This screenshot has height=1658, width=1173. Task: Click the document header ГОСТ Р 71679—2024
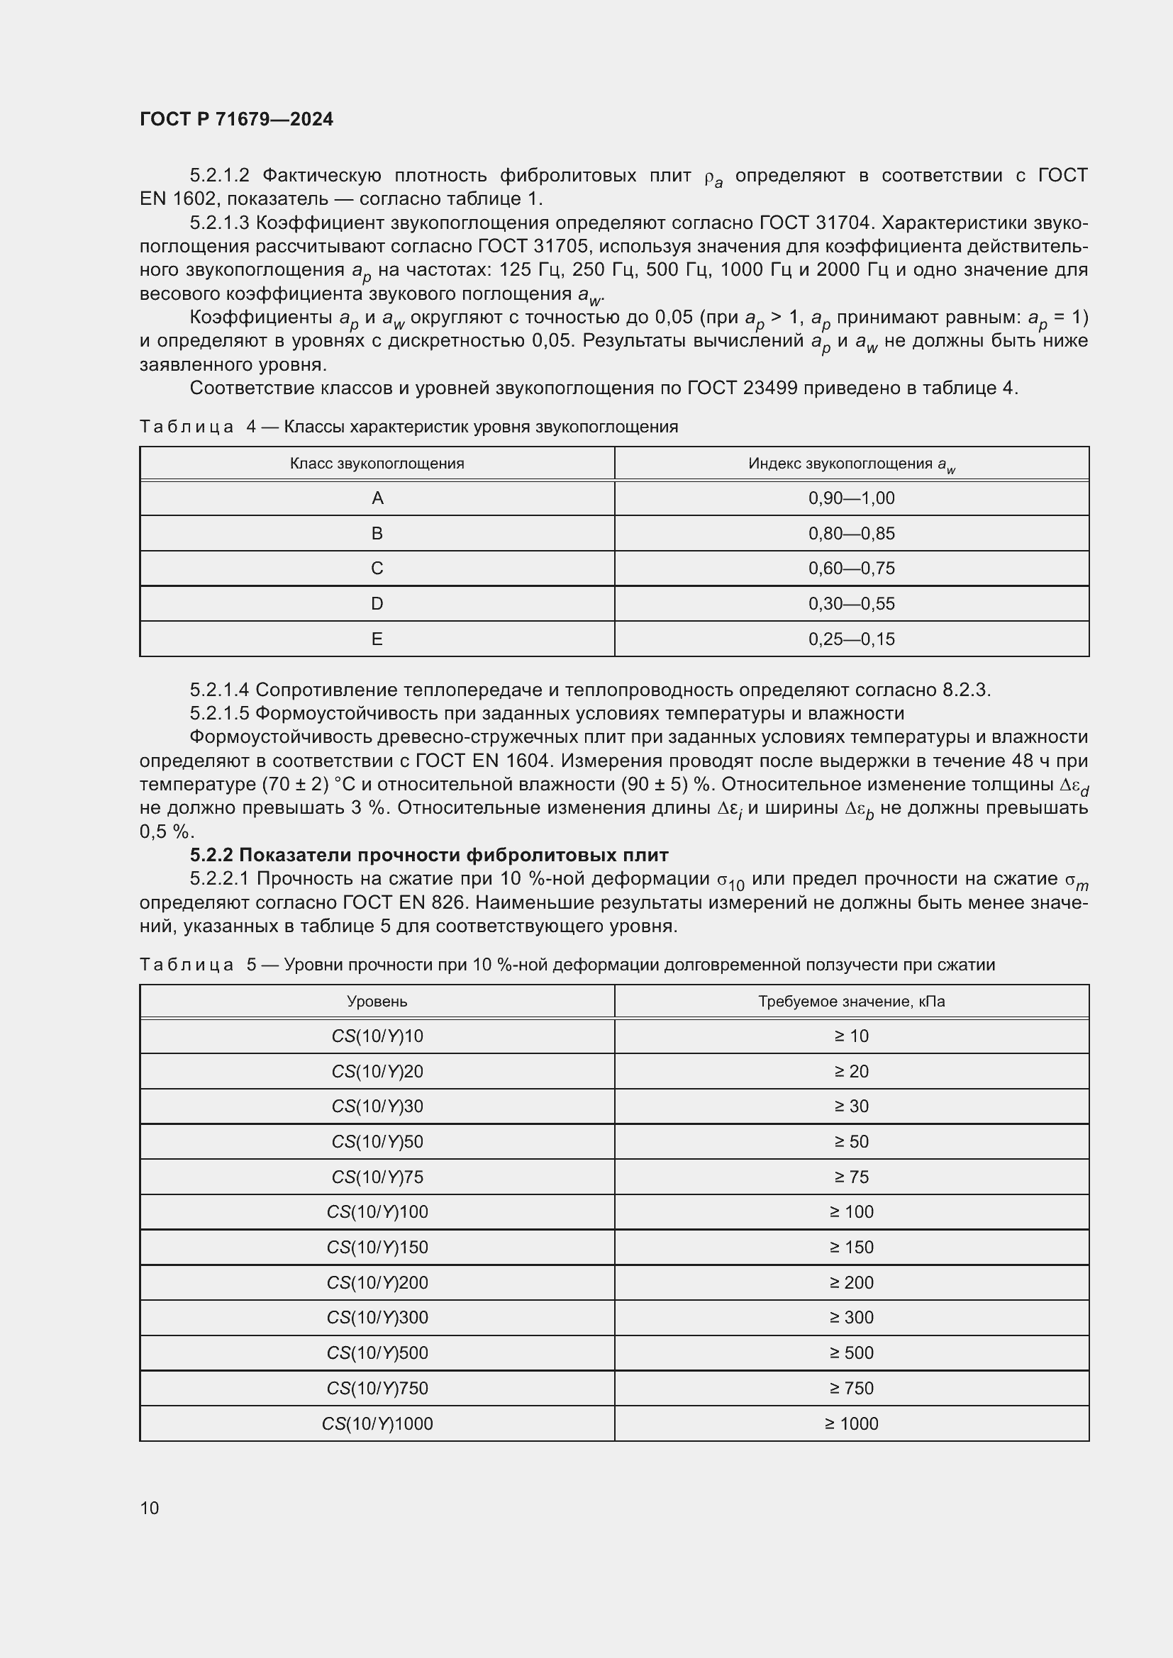coord(236,119)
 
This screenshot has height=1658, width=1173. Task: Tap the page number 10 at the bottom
coord(150,1508)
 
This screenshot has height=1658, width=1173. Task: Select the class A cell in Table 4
coord(377,498)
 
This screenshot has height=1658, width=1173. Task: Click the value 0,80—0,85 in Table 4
coord(851,534)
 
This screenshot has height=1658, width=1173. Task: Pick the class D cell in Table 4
coord(377,604)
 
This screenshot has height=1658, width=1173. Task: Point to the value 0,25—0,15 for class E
coord(851,639)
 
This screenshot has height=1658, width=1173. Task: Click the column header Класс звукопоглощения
coord(377,464)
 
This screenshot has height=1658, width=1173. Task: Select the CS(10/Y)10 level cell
coord(377,1036)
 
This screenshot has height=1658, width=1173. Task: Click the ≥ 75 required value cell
coord(851,1177)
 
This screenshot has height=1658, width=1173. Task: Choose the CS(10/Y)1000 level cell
coord(377,1424)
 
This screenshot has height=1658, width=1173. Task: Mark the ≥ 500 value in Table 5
coord(851,1353)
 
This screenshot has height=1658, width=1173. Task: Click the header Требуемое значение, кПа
coord(851,1002)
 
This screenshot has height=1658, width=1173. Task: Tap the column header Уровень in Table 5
coord(377,1002)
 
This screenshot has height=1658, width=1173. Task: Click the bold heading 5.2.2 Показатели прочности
coord(429,855)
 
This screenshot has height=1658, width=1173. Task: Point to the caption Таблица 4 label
coord(187,427)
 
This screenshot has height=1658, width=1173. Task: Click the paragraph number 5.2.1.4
coord(220,690)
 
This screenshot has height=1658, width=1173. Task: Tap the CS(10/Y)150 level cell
coord(377,1247)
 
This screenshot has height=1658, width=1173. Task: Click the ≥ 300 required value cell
coord(851,1318)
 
